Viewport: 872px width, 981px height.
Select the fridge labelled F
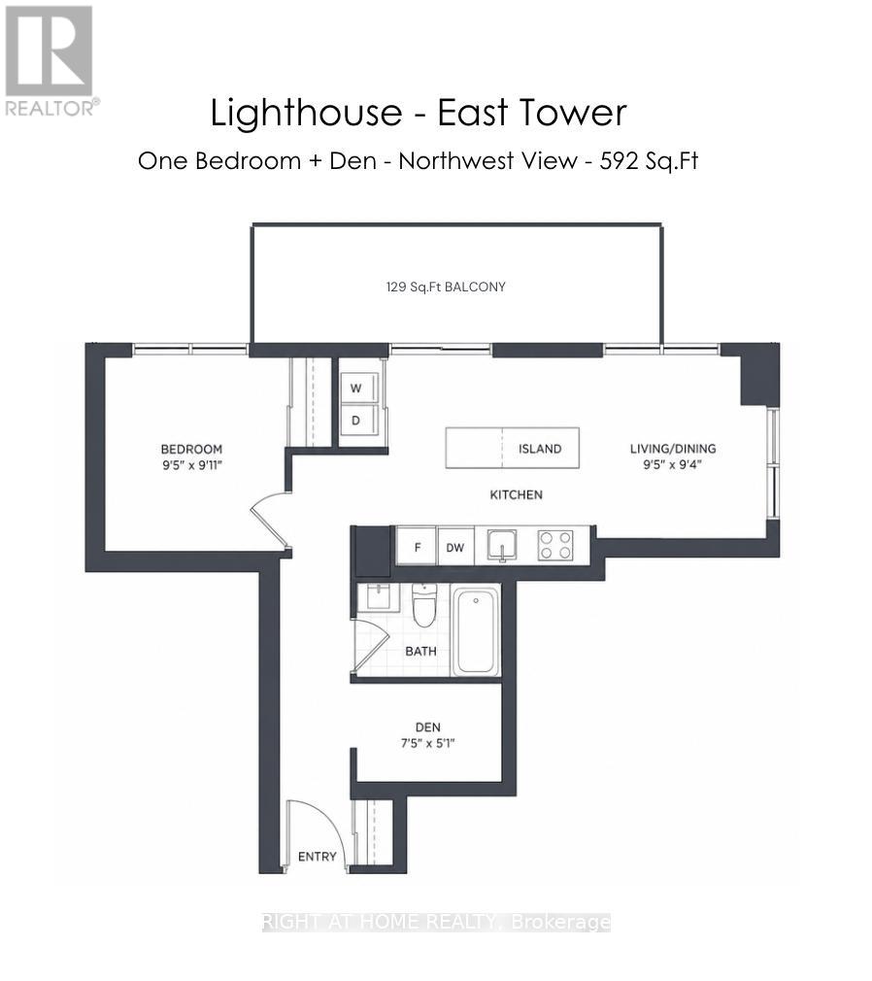coord(417,547)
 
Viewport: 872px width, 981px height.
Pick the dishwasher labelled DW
coord(455,547)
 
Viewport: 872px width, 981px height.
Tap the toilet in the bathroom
coord(423,604)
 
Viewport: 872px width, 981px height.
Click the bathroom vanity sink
coord(378,597)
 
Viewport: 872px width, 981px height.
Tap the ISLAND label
coord(540,449)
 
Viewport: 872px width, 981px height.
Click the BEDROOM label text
coord(191,449)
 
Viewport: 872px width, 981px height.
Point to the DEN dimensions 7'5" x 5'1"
coord(428,743)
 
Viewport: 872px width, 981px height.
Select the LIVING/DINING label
coord(673,449)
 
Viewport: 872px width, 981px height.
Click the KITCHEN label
coord(516,495)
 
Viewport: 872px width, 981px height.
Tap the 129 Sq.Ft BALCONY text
coord(446,288)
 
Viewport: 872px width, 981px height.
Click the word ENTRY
coord(318,857)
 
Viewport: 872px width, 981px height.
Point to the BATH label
coord(421,652)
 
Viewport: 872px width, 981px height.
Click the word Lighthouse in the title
coord(306,114)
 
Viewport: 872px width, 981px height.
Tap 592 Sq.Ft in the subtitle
coord(649,161)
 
